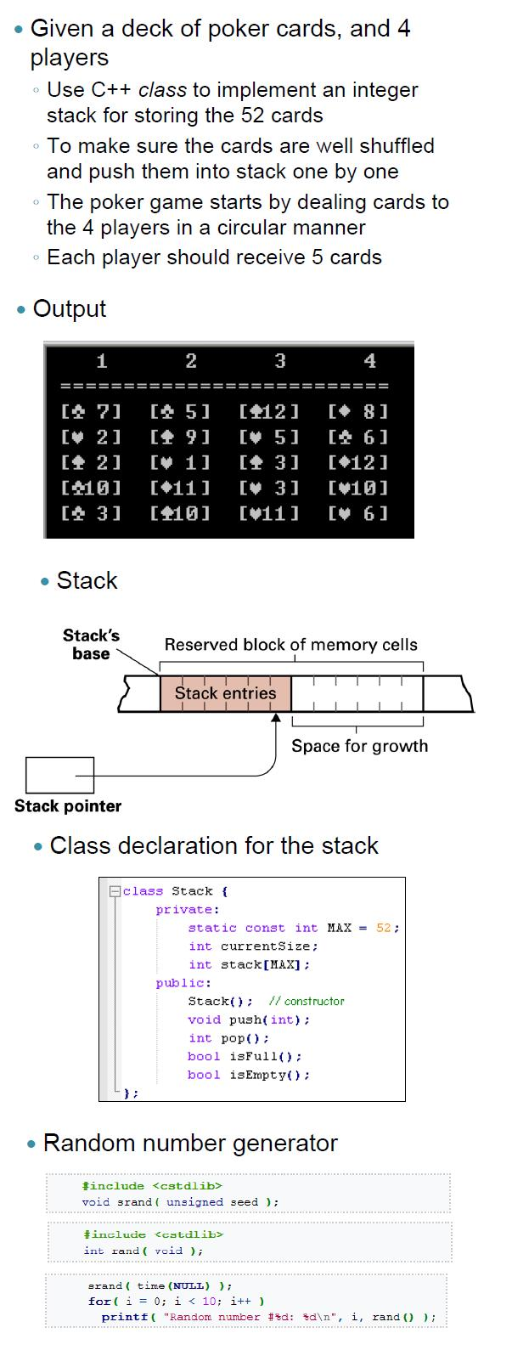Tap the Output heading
coord(69,308)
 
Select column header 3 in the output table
coord(280,361)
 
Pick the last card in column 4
coord(357,513)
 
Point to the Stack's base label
coord(91,645)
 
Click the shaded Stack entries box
coord(225,693)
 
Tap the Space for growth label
coord(359,746)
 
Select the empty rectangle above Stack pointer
coord(60,775)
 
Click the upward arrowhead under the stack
coord(277,718)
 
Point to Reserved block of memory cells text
coord(290,645)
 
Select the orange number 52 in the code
coord(383,928)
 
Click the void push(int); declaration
coord(249,1020)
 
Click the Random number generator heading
coord(190,1144)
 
